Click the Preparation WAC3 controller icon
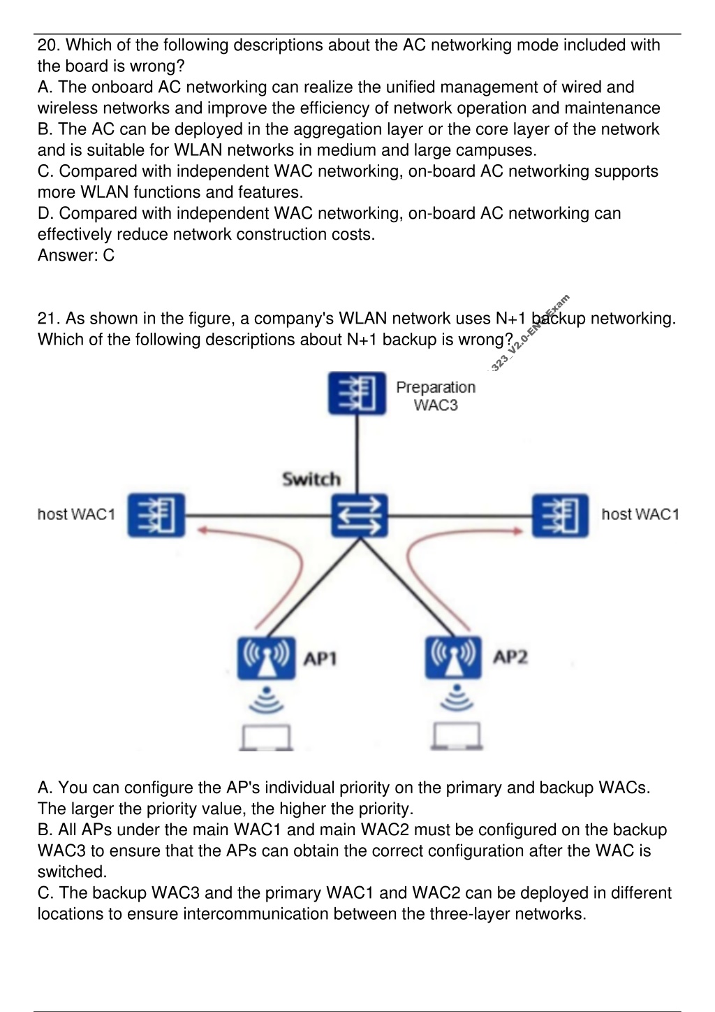point(357,393)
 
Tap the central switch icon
point(360,516)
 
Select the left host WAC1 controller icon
point(156,515)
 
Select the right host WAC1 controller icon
point(560,516)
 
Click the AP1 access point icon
point(266,658)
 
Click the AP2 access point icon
point(453,658)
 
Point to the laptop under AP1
point(266,738)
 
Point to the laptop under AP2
point(457,737)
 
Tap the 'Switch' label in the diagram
point(311,479)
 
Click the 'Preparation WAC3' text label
point(436,396)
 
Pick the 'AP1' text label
point(320,658)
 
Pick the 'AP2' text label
point(510,657)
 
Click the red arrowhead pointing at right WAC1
point(517,531)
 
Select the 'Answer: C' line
point(76,255)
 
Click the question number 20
point(49,45)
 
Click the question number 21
point(49,319)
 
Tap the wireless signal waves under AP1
point(266,700)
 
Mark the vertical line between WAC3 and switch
point(357,454)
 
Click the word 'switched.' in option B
point(72,872)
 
